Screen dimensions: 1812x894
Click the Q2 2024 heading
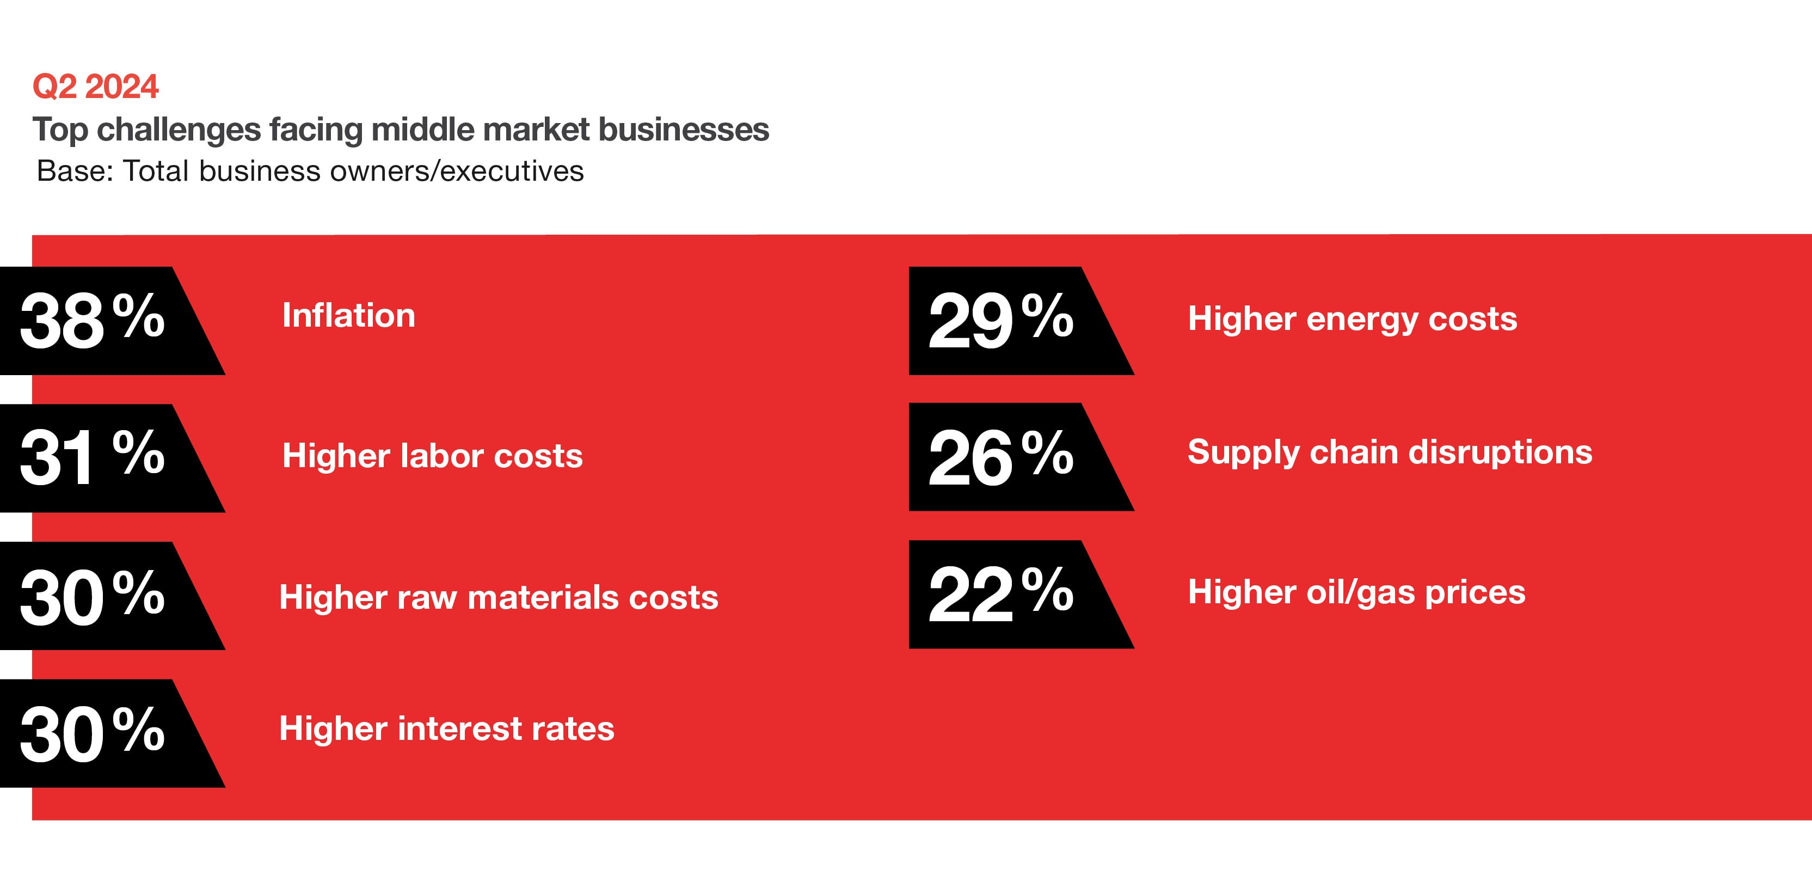pyautogui.click(x=96, y=87)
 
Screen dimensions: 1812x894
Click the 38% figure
pyautogui.click(x=92, y=320)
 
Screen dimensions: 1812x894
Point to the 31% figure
pyautogui.click(x=92, y=457)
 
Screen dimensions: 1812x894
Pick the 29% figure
pyautogui.click(x=1001, y=320)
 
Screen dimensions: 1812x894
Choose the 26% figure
pyautogui.click(x=1001, y=457)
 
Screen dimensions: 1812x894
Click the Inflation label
pyautogui.click(x=349, y=315)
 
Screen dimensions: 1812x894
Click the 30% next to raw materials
pyautogui.click(x=92, y=597)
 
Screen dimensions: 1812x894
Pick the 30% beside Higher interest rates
pyautogui.click(x=92, y=733)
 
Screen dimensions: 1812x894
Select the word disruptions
pyautogui.click(x=1501, y=452)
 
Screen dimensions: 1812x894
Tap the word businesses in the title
pyautogui.click(x=683, y=130)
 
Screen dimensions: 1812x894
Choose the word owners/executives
pyautogui.click(x=457, y=171)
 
